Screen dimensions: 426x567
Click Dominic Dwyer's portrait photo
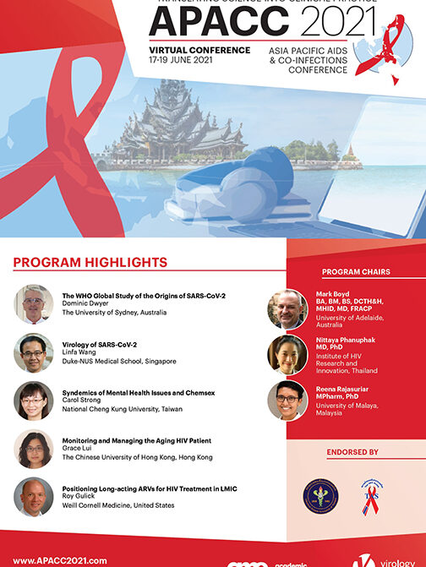click(34, 304)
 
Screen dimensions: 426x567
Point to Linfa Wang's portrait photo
click(34, 352)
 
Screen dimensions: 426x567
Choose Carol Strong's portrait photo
click(34, 401)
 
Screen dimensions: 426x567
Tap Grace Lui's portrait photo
click(34, 449)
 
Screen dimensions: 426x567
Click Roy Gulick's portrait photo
click(34, 497)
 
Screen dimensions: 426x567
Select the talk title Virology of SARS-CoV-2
click(100, 345)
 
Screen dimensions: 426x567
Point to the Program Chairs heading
click(355, 272)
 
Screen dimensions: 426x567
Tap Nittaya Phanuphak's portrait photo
click(287, 354)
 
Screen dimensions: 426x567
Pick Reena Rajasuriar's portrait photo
click(287, 400)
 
